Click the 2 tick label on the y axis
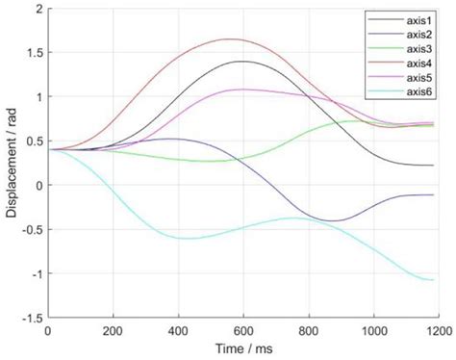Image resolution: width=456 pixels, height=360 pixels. [x=38, y=9]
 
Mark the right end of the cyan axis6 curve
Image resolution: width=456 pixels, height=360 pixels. [x=433, y=280]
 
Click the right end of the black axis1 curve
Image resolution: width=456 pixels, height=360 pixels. [x=433, y=166]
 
